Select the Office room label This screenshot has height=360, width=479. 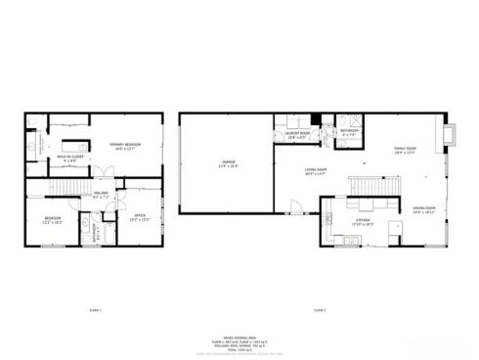point(140,218)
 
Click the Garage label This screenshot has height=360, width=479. point(225,163)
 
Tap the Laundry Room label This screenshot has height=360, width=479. point(298,135)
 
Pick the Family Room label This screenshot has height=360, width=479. point(405,150)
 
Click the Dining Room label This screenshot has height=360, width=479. point(423,209)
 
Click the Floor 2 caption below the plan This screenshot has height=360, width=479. point(319,310)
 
